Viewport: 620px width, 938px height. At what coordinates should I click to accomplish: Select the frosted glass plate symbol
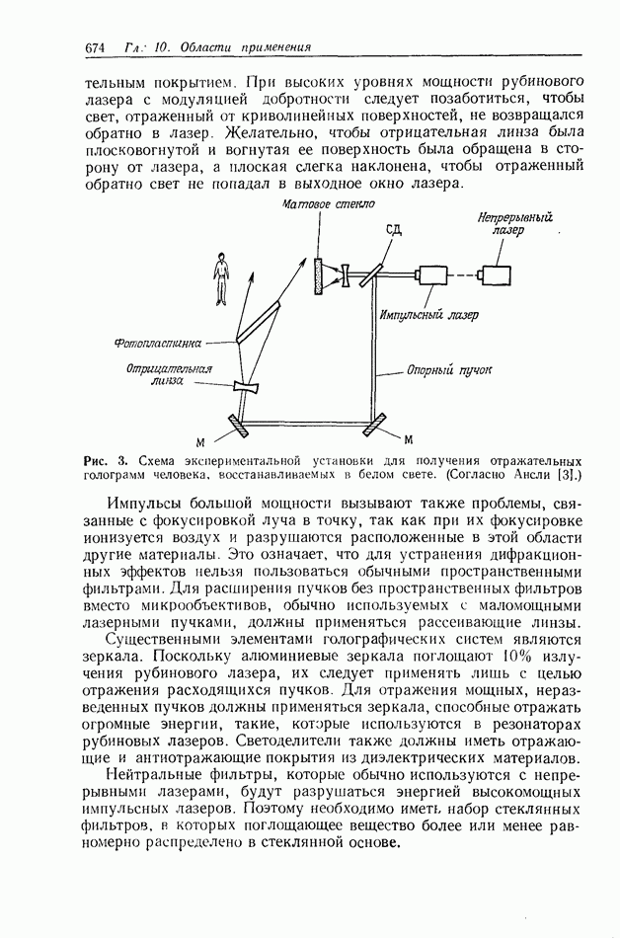click(x=318, y=275)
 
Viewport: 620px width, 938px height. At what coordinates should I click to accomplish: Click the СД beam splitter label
click(x=394, y=230)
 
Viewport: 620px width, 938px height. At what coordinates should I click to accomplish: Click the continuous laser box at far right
click(x=497, y=274)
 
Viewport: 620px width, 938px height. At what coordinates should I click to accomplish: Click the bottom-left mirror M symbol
click(x=239, y=425)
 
